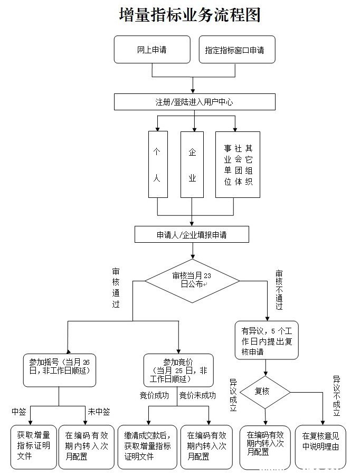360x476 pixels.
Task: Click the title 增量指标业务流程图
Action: pyautogui.click(x=190, y=15)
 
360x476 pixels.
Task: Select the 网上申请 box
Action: pyautogui.click(x=152, y=50)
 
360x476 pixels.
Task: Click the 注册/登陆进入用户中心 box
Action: pyautogui.click(x=194, y=102)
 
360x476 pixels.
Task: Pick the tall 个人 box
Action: pyautogui.click(x=157, y=165)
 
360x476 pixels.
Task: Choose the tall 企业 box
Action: pyautogui.click(x=192, y=165)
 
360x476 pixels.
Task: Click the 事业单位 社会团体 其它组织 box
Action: pyautogui.click(x=238, y=165)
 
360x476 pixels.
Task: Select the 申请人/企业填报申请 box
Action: pyautogui.click(x=192, y=235)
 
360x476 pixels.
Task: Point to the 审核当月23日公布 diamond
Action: pyautogui.click(x=192, y=280)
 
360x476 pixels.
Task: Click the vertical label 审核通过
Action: pyautogui.click(x=116, y=288)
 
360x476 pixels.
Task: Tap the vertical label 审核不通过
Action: pyautogui.click(x=279, y=290)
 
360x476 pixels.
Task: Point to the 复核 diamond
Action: pyautogui.click(x=264, y=392)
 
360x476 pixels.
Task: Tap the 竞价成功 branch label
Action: pyautogui.click(x=155, y=396)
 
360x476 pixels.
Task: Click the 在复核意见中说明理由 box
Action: pyautogui.click(x=320, y=446)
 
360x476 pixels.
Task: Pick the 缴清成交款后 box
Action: pyautogui.click(x=147, y=446)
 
